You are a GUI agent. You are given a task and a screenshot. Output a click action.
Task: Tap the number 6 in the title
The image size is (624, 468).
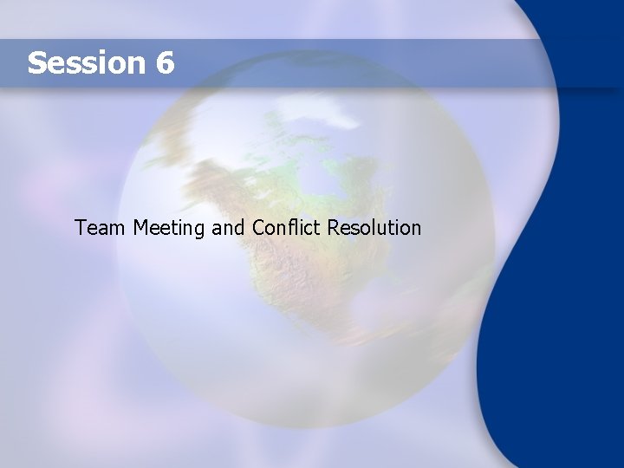click(x=165, y=62)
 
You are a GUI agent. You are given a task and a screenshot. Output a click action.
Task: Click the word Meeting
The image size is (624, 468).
click(x=170, y=229)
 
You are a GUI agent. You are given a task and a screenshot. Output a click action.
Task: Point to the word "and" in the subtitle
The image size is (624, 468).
click(x=229, y=228)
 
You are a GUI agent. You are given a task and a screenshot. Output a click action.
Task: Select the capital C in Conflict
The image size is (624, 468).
click(x=259, y=228)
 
